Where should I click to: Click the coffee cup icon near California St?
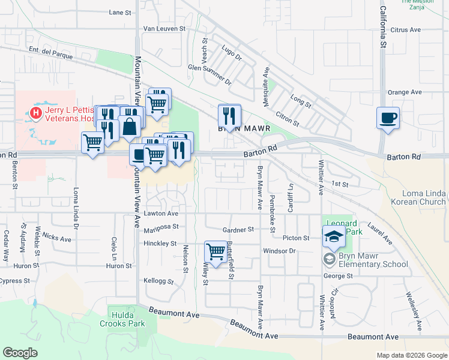388,116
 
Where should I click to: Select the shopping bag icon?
129,127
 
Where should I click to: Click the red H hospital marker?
36,112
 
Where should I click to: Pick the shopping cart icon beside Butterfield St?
215,252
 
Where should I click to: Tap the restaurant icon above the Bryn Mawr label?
229,115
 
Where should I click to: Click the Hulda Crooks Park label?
128,318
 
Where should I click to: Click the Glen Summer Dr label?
209,73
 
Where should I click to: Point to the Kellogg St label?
158,281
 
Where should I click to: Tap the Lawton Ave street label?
161,213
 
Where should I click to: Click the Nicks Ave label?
57,238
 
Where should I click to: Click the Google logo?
20,353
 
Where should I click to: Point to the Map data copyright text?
411,355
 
